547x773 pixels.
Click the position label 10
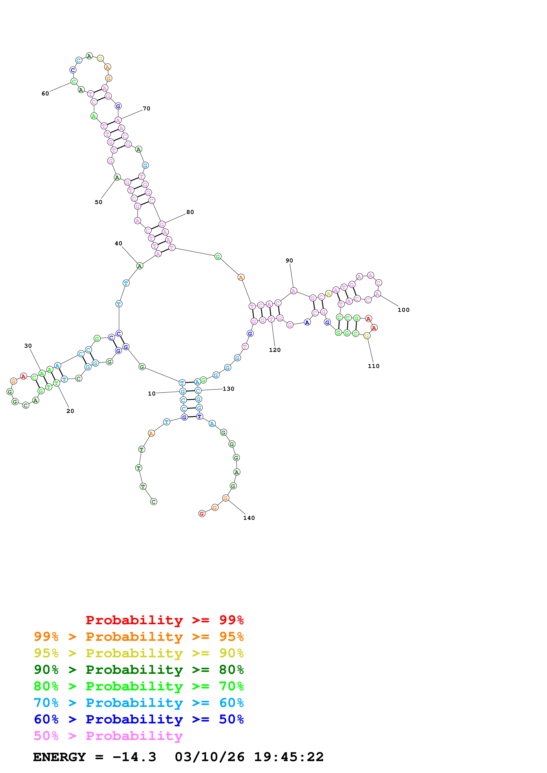[152, 394]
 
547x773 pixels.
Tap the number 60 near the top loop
[45, 94]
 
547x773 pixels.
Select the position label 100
[403, 310]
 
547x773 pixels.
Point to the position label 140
[249, 518]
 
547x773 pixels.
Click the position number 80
[190, 212]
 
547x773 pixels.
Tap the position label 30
[28, 346]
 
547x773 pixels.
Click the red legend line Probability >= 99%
[164, 620]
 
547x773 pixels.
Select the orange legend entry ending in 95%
[139, 637]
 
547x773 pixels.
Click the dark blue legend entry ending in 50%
[139, 719]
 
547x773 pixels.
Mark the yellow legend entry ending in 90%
[139, 653]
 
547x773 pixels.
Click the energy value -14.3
[134, 757]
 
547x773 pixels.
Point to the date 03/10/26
[209, 757]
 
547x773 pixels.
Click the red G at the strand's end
[202, 513]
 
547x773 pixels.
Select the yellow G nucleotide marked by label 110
[367, 336]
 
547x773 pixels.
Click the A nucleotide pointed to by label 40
[139, 266]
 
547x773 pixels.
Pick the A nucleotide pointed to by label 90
[293, 291]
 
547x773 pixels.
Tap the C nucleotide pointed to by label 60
[74, 82]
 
